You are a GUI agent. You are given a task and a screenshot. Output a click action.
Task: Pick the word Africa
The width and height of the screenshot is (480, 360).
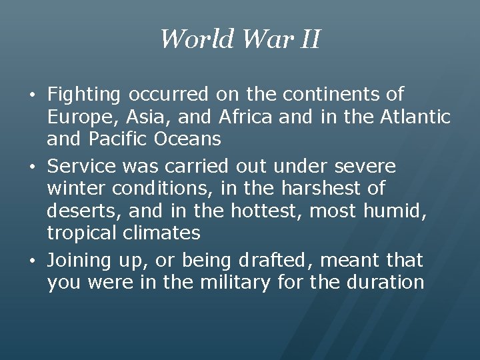coord(245,117)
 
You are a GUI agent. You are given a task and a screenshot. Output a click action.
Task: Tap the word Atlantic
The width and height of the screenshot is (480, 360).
coord(415,117)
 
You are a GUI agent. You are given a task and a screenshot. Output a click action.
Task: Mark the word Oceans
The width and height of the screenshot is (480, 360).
coord(187,139)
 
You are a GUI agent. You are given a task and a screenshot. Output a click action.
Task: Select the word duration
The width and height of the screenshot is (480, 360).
coord(385,282)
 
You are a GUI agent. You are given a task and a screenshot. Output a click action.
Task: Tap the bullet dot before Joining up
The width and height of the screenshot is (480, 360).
coord(35,260)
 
